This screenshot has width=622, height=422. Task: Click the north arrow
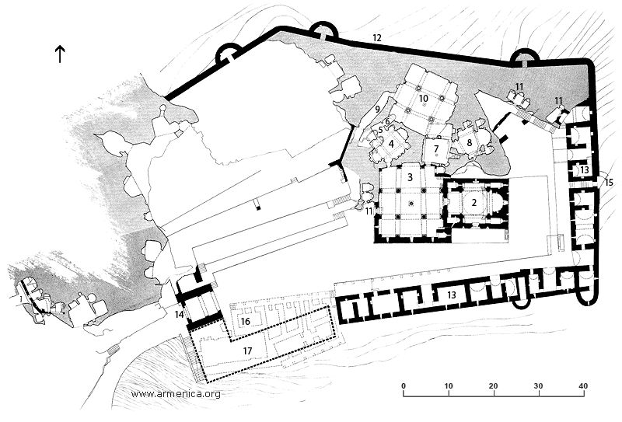(x=60, y=54)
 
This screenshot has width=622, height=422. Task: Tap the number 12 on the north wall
(x=377, y=37)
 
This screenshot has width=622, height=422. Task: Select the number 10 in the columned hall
(x=424, y=98)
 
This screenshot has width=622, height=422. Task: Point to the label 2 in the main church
(x=473, y=202)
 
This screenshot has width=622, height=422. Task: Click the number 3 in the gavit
(x=411, y=177)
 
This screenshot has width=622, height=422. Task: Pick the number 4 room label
(x=392, y=144)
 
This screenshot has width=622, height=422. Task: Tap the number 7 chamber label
(x=436, y=149)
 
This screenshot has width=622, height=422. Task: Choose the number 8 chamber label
(x=470, y=142)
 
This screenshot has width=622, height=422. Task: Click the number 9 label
(x=378, y=108)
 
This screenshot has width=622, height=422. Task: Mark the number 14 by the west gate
(x=180, y=315)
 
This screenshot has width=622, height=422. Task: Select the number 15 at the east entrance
(x=608, y=182)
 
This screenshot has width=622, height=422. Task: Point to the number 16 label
(x=245, y=321)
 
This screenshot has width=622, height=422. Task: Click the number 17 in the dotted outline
(x=247, y=351)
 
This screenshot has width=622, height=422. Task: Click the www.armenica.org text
(x=176, y=394)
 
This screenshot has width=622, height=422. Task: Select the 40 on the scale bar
(x=582, y=385)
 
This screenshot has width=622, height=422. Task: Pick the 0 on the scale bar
(x=404, y=385)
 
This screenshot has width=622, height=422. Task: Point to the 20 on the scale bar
(x=494, y=385)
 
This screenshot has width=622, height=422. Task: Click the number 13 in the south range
(x=452, y=295)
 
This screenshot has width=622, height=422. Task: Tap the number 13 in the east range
(x=585, y=170)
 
